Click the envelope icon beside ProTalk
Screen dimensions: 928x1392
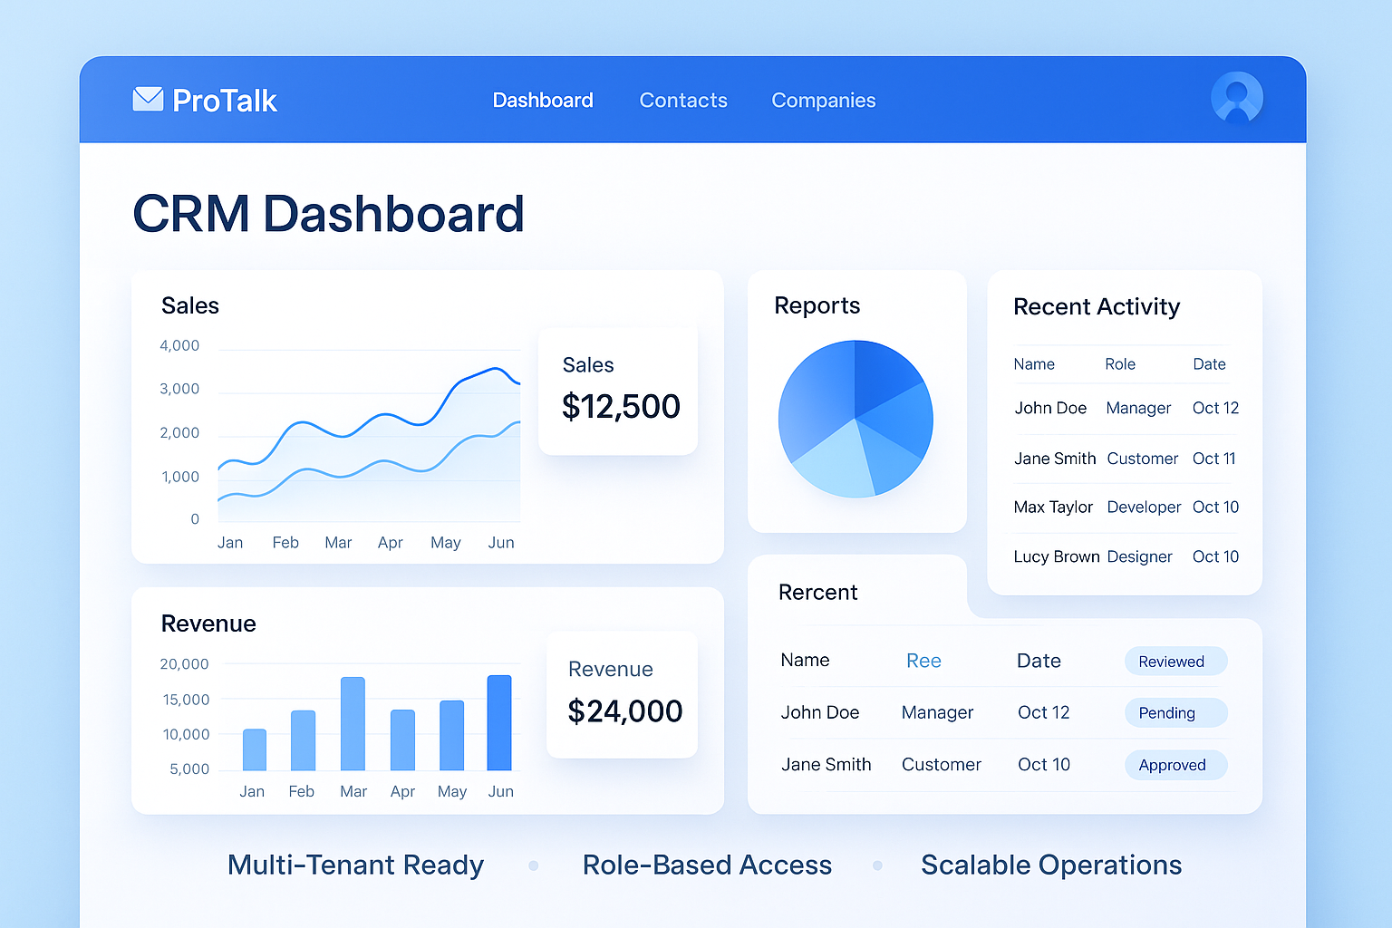coord(148,99)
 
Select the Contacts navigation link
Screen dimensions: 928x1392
coord(683,101)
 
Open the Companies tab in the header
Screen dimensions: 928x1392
coord(823,101)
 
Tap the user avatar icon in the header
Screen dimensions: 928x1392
coord(1236,98)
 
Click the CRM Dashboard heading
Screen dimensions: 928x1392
coord(328,214)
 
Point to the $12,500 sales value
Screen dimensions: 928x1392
coord(621,407)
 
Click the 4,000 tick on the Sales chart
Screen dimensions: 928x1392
coord(179,345)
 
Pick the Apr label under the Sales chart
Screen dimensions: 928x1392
coord(391,543)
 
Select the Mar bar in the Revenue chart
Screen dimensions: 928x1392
coord(353,724)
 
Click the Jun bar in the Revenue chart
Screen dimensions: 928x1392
coord(499,723)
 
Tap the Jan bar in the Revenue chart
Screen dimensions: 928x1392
coord(255,749)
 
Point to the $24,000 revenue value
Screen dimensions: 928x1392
coord(624,711)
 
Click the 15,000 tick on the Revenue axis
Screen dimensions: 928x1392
coord(186,700)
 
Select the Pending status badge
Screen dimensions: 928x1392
coord(1175,713)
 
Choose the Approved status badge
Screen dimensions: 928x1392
coord(1175,765)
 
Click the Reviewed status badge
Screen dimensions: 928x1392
coord(1175,662)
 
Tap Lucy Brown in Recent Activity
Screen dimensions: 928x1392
coord(1057,556)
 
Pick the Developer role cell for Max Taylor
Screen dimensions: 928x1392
coord(1144,507)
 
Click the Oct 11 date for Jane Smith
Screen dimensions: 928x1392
coord(1214,459)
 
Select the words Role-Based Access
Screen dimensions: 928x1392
coord(707,865)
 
